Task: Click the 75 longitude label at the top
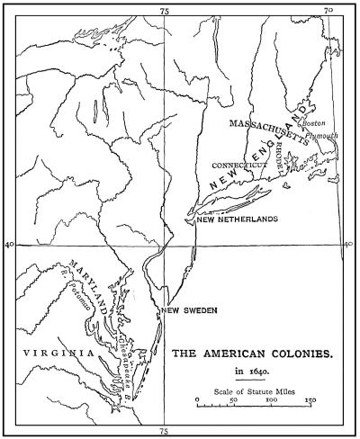click(164, 11)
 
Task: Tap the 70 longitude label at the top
click(328, 11)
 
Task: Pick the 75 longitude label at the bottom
click(164, 429)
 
